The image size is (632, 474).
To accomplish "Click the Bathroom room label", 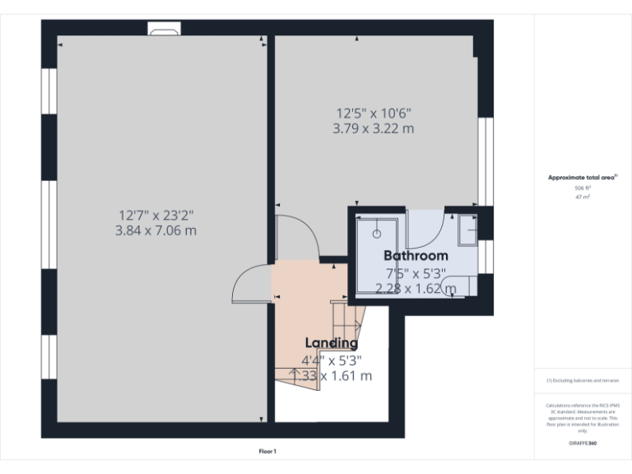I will pos(416,256).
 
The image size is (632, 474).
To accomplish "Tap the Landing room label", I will pos(331,343).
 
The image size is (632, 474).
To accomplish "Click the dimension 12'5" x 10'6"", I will pos(373,114).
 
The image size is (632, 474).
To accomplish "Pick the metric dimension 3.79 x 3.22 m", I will pos(373,128).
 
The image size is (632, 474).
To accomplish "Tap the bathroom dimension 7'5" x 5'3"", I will pos(416,273).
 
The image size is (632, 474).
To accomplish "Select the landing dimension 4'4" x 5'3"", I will pos(331,360).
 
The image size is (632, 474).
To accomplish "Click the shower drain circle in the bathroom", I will pos(377,234).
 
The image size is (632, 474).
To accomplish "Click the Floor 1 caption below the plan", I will pos(267,452).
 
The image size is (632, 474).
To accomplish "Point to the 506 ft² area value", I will pos(583,188).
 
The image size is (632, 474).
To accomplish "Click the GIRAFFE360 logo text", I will pos(583,444).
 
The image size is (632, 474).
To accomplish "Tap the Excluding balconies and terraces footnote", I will pos(583,380).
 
